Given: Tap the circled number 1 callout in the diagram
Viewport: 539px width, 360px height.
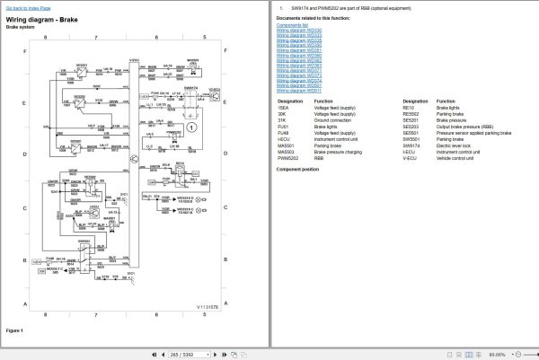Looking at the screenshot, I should (x=191, y=128).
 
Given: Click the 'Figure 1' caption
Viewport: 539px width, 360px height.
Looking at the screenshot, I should (x=14, y=330).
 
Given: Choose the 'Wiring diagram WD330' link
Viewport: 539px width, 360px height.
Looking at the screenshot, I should (x=298, y=31).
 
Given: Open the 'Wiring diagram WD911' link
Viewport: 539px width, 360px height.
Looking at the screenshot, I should (x=298, y=91).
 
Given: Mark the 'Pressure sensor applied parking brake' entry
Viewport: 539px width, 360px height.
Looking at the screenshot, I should (x=473, y=133).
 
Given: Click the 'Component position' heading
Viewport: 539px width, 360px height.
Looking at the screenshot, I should (x=297, y=169).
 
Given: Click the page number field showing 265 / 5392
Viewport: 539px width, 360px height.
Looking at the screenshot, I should (x=183, y=354).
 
